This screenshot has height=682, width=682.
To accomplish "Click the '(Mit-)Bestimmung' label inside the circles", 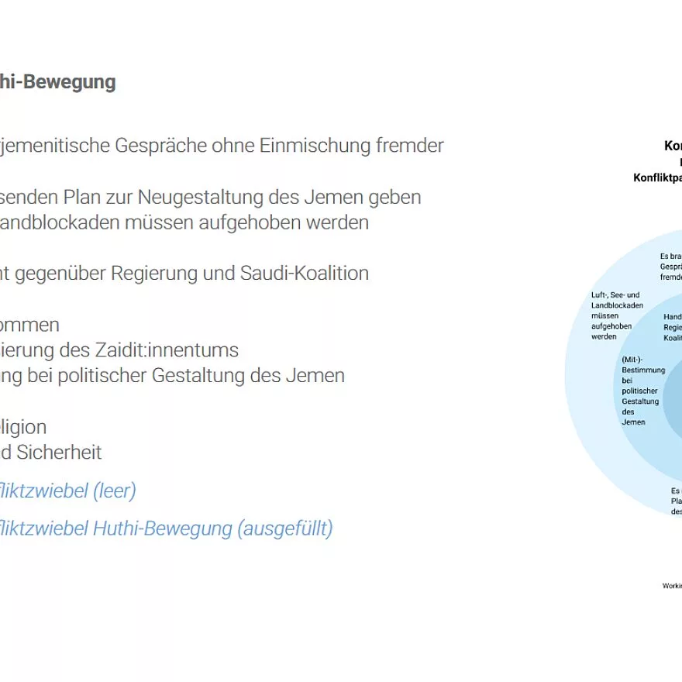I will (x=642, y=365).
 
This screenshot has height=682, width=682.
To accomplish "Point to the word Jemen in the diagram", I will (x=633, y=422).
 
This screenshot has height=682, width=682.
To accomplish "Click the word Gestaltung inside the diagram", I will (x=640, y=401).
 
